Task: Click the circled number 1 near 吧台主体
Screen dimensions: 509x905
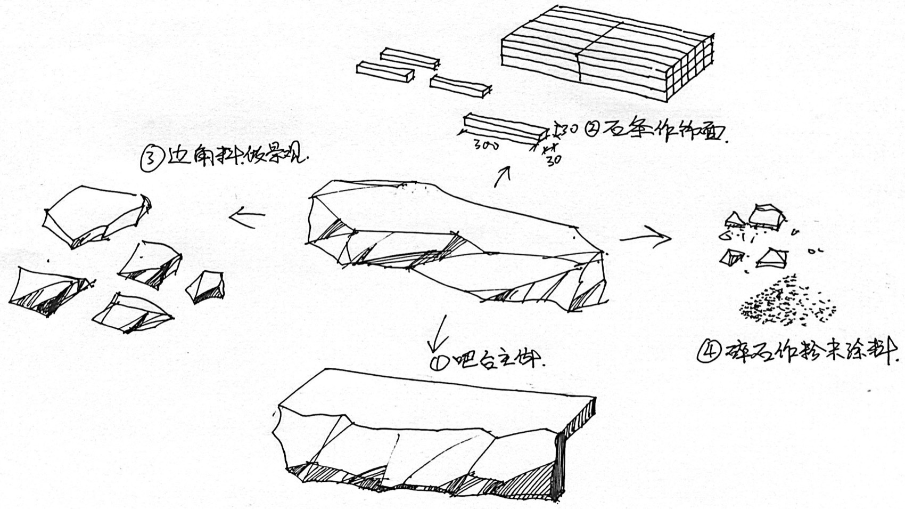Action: click(438, 363)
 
